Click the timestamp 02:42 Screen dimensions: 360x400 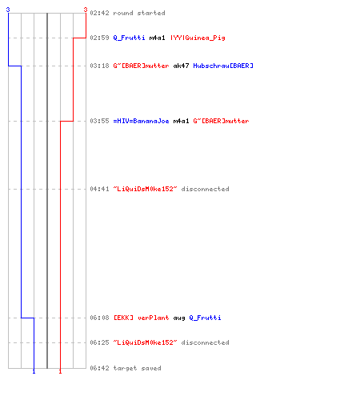point(99,13)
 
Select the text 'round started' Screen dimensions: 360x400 point(139,13)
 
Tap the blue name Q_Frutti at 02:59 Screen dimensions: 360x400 point(129,38)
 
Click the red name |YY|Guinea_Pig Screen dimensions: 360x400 point(198,38)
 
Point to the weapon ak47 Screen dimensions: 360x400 point(181,66)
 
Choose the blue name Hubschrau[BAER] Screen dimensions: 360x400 point(223,66)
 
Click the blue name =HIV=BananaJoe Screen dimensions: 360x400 point(141,121)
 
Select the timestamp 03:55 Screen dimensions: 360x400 point(99,121)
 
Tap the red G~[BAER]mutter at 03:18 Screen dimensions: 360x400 point(141,66)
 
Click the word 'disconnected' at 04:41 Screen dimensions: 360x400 point(205,189)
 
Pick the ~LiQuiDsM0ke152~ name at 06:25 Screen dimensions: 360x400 point(145,342)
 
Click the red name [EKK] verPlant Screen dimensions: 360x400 point(141,318)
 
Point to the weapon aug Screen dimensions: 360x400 point(179,318)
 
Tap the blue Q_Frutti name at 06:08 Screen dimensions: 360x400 point(205,318)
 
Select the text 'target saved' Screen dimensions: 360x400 point(137,368)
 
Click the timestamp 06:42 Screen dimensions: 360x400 point(99,368)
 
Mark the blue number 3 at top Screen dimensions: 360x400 point(8,10)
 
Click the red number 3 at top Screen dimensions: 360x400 point(86,10)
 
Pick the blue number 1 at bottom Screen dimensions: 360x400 point(34,371)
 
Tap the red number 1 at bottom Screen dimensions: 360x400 point(60,371)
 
